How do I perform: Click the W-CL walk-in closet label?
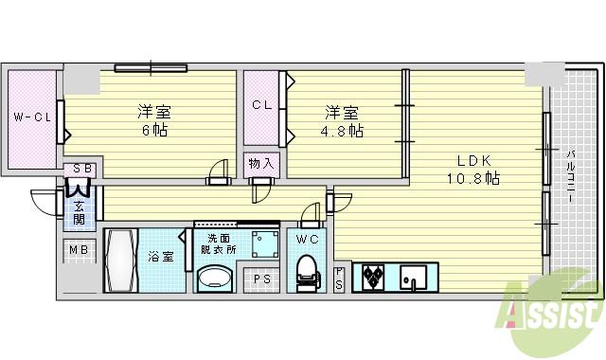pyautogui.click(x=31, y=117)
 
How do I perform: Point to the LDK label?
pyautogui.click(x=472, y=159)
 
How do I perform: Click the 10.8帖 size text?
pyautogui.click(x=472, y=177)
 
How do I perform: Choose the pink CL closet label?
pyautogui.click(x=262, y=105)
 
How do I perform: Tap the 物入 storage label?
pyautogui.click(x=261, y=163)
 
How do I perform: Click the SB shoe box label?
pyautogui.click(x=81, y=169)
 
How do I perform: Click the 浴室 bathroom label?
pyautogui.click(x=160, y=256)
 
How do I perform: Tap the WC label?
pyautogui.click(x=306, y=238)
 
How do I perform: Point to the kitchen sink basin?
pyautogui.click(x=415, y=278)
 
